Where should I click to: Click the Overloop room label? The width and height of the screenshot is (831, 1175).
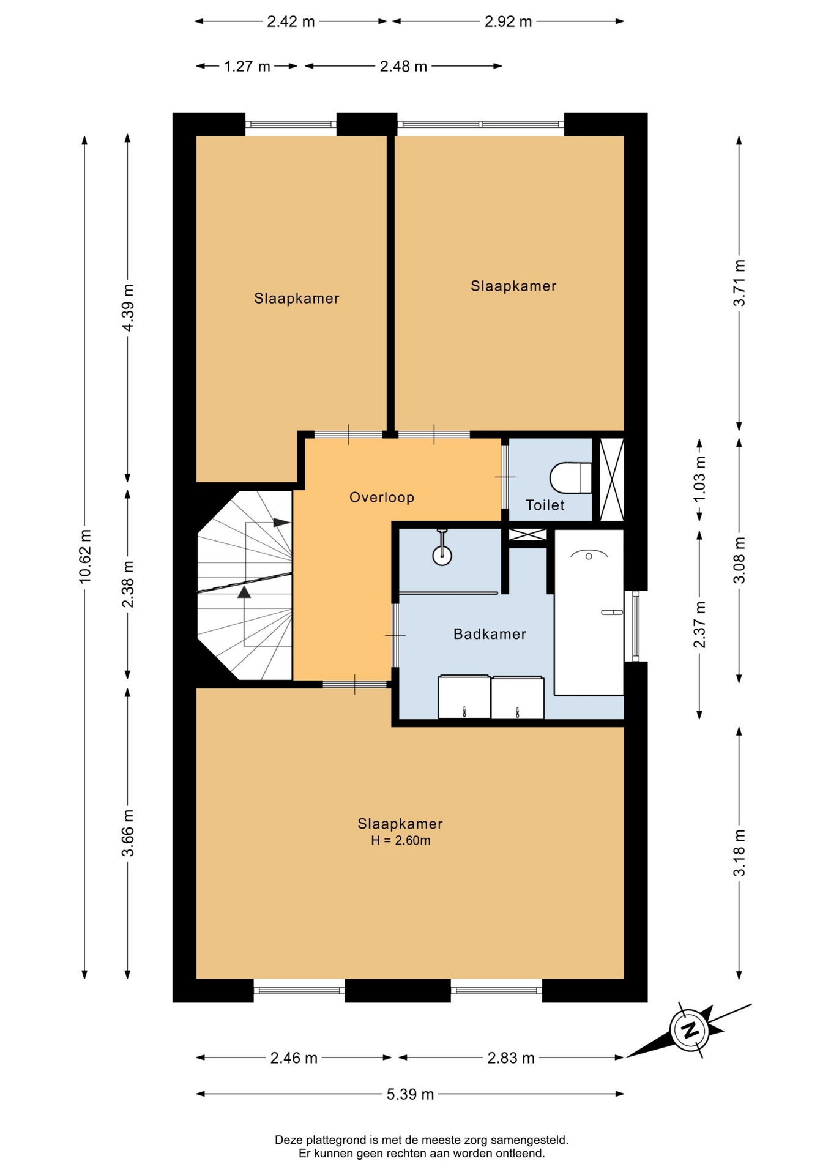click(x=382, y=498)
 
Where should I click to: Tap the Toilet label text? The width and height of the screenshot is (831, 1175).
click(x=545, y=505)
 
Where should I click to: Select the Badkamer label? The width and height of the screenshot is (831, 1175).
click(x=490, y=634)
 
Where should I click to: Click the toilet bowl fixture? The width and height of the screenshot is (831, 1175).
click(x=571, y=478)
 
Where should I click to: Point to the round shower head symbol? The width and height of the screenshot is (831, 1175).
click(x=442, y=556)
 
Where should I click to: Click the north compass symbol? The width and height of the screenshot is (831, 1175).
click(x=690, y=1030)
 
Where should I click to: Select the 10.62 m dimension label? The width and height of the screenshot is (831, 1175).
click(x=85, y=556)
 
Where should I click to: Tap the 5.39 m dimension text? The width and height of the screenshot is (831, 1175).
click(x=410, y=1094)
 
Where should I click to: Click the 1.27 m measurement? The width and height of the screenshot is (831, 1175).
click(x=247, y=66)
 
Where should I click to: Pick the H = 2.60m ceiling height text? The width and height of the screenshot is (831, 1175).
click(x=401, y=840)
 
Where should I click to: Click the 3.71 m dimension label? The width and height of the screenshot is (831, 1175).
click(x=740, y=283)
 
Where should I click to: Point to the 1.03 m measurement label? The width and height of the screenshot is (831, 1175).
click(x=699, y=479)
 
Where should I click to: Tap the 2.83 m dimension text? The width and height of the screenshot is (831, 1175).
click(x=511, y=1057)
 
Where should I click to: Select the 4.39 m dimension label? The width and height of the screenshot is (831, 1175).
click(x=128, y=308)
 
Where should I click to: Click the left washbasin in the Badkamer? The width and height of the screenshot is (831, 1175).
click(x=464, y=696)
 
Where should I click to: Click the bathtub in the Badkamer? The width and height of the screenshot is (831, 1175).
click(x=589, y=612)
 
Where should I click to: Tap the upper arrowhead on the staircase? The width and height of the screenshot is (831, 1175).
click(x=281, y=522)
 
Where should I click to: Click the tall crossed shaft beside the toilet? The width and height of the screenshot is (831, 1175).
click(x=611, y=479)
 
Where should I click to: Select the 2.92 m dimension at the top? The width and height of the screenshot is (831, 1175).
click(x=509, y=21)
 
